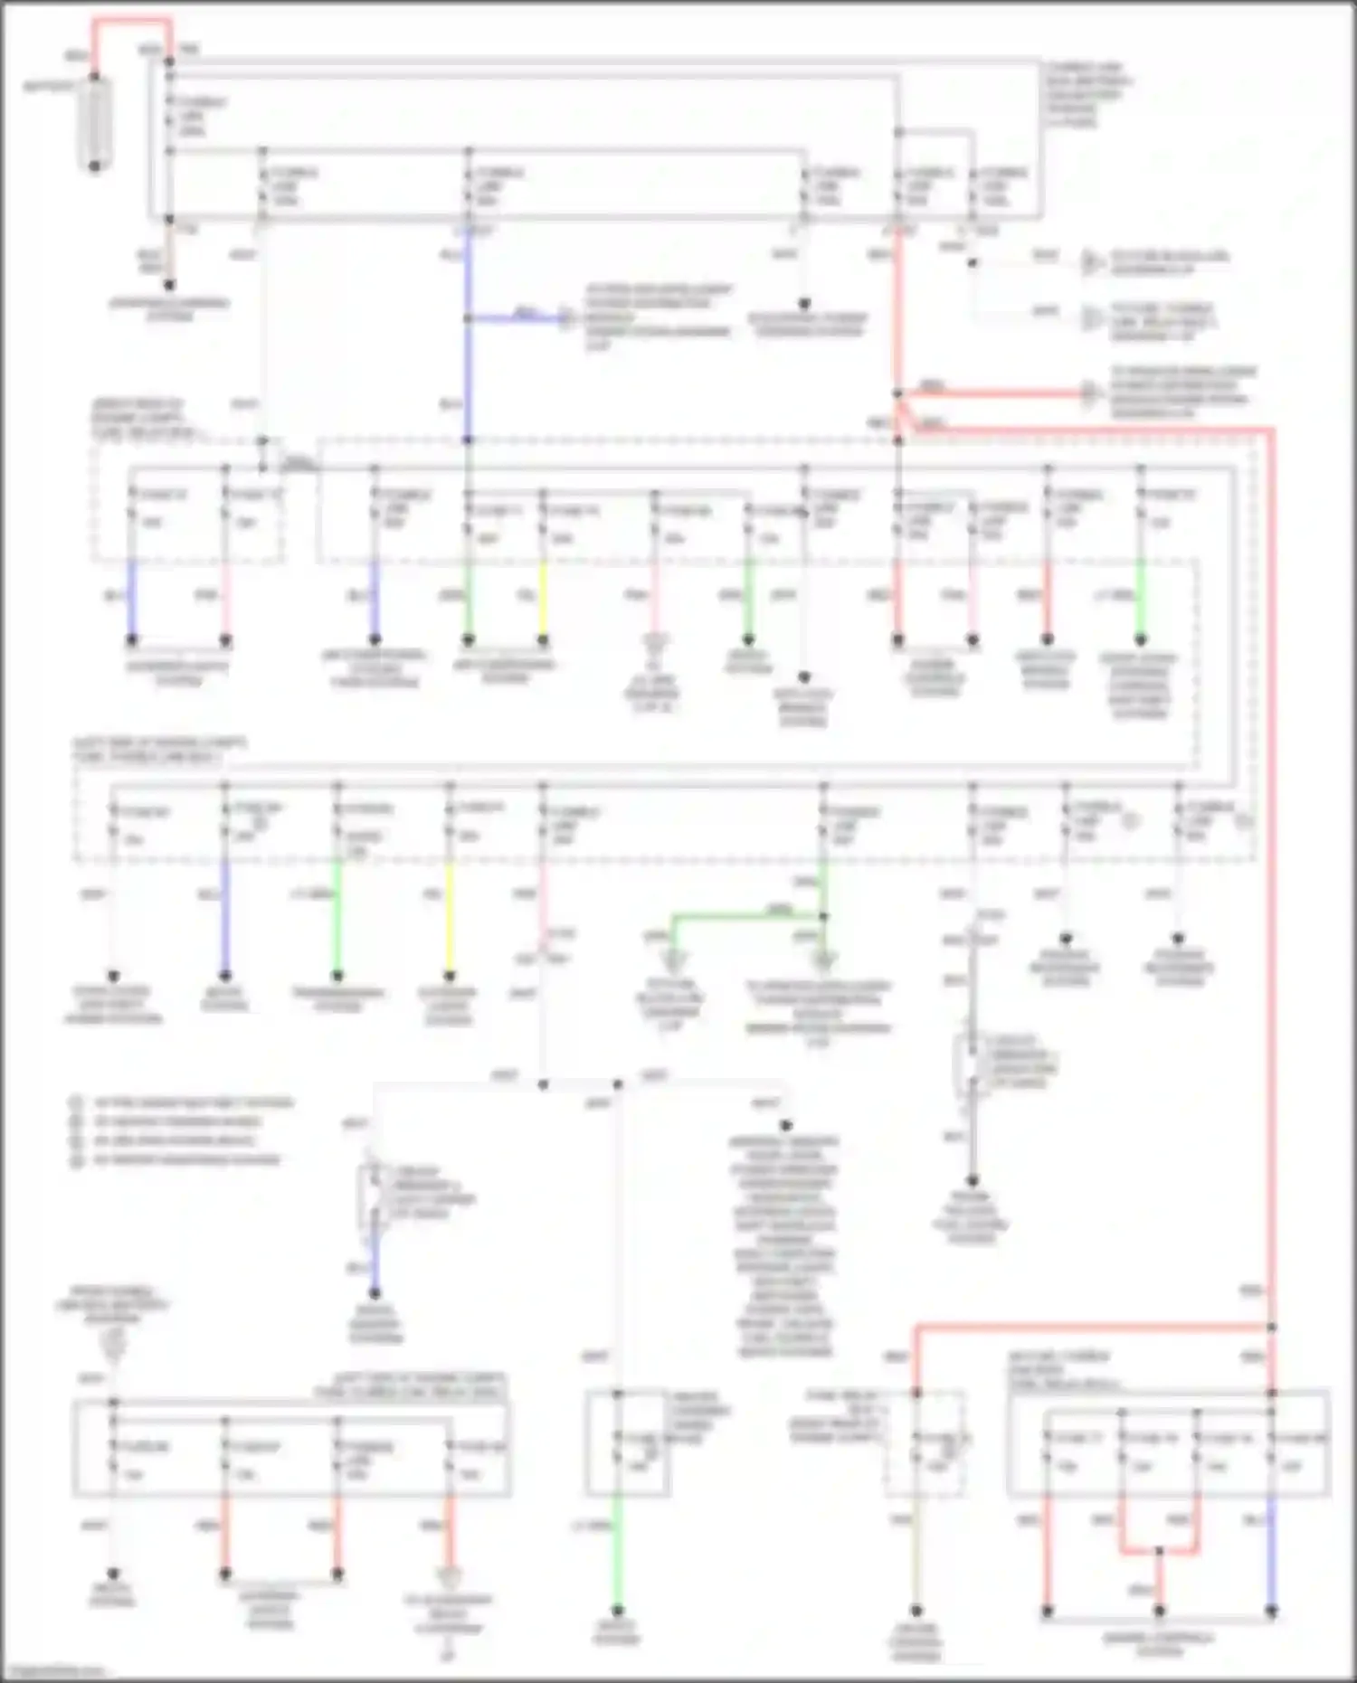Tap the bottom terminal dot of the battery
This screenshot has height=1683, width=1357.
[x=95, y=165]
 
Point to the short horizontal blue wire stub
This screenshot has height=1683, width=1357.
[x=516, y=318]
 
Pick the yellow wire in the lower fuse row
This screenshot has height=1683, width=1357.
[x=450, y=913]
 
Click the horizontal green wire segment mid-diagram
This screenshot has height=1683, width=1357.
[x=747, y=917]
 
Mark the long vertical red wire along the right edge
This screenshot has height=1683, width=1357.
[x=1271, y=859]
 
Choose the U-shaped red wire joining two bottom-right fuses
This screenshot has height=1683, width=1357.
[x=1159, y=1552]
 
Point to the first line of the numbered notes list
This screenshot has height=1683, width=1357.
[x=190, y=1103]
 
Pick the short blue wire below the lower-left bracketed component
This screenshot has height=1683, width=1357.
[x=375, y=1262]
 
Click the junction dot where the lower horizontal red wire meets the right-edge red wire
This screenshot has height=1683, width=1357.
[x=1271, y=1327]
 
